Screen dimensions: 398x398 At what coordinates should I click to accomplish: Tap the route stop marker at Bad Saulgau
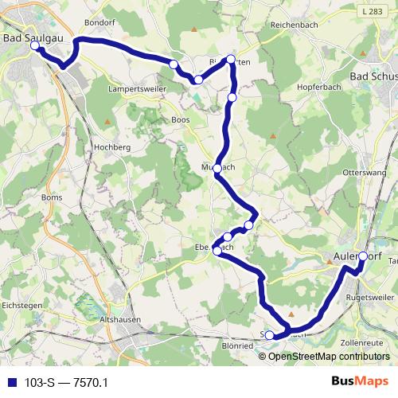tap(35, 46)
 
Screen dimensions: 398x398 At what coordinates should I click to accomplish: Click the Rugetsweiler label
tap(371, 298)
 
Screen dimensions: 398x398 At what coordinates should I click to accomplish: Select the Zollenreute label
tap(363, 342)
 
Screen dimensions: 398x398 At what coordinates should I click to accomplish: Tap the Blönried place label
tap(236, 347)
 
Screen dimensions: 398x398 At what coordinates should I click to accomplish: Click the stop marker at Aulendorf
tap(363, 256)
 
